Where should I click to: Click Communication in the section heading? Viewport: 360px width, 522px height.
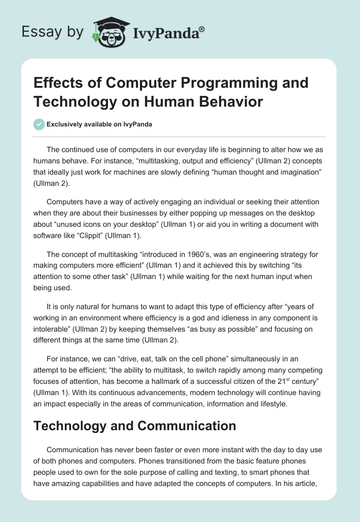pos(181,426)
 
